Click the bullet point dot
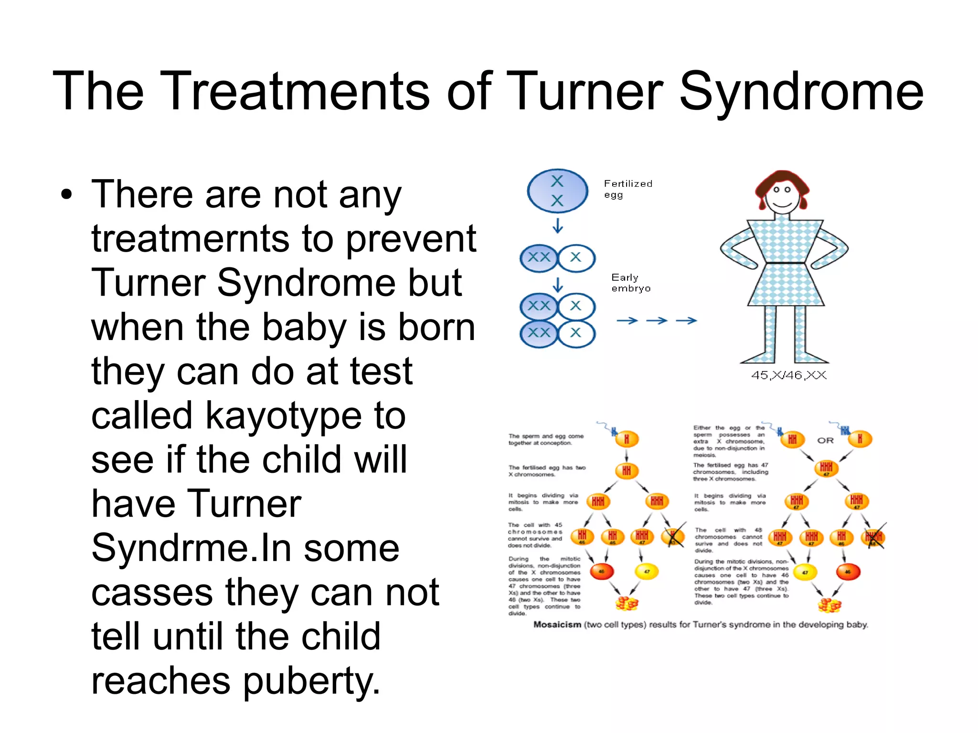67,195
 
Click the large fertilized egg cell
557,191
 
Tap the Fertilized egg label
627,189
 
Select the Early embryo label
630,283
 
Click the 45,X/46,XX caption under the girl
788,375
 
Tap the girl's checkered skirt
786,284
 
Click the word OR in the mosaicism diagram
825,440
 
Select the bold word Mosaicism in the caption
557,625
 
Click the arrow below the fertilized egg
557,225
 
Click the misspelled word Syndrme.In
191,548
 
